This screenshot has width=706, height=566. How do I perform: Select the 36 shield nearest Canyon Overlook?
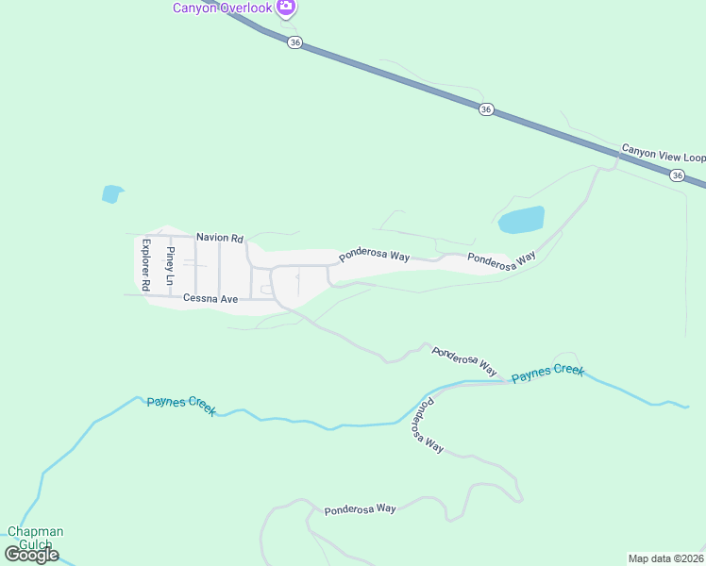[295, 43]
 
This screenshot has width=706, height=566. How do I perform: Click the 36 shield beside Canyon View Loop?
[678, 175]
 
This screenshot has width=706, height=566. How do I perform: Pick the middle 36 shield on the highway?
[486, 109]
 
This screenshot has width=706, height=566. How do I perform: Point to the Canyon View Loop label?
[663, 154]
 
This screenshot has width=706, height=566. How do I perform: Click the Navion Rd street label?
[220, 238]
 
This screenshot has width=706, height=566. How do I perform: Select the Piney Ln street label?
[171, 266]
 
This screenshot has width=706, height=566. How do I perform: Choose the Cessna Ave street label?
[210, 298]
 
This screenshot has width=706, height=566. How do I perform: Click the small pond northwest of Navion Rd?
[112, 194]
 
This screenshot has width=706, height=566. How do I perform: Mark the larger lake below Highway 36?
[522, 220]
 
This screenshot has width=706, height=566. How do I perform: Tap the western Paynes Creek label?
[181, 406]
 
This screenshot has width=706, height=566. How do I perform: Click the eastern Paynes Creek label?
[547, 373]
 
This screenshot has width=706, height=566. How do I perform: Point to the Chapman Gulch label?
[36, 538]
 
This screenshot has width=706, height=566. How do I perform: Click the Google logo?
[31, 555]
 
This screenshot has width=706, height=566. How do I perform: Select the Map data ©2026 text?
[666, 558]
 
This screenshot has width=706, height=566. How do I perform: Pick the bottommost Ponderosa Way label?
[360, 509]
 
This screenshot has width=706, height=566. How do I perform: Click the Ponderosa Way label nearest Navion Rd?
[374, 256]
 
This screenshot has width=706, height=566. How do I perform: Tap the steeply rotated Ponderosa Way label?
[427, 426]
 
